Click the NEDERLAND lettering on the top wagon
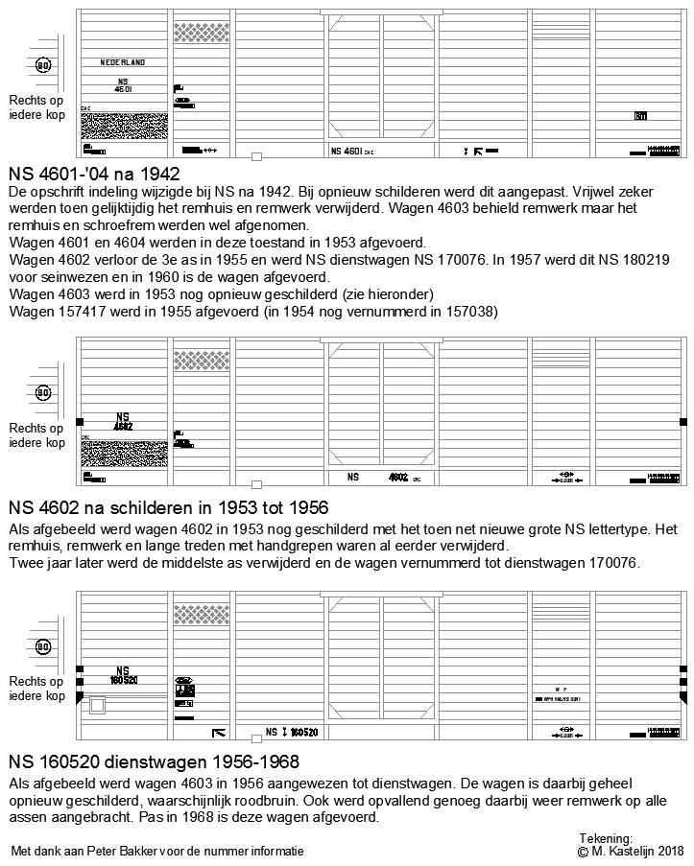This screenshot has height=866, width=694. pyautogui.click(x=123, y=62)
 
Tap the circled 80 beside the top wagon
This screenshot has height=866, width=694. pyautogui.click(x=43, y=65)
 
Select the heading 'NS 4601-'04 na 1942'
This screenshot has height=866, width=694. pyautogui.click(x=94, y=174)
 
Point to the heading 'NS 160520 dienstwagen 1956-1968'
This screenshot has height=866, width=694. pyautogui.click(x=154, y=762)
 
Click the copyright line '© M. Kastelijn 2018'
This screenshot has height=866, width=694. pyautogui.click(x=631, y=851)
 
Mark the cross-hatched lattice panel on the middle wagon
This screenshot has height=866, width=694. pyautogui.click(x=202, y=361)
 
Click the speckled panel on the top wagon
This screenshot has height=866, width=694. pyautogui.click(x=124, y=126)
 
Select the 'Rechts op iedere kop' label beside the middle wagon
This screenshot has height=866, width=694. pyautogui.click(x=36, y=435)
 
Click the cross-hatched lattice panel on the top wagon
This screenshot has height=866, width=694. pyautogui.click(x=202, y=33)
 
